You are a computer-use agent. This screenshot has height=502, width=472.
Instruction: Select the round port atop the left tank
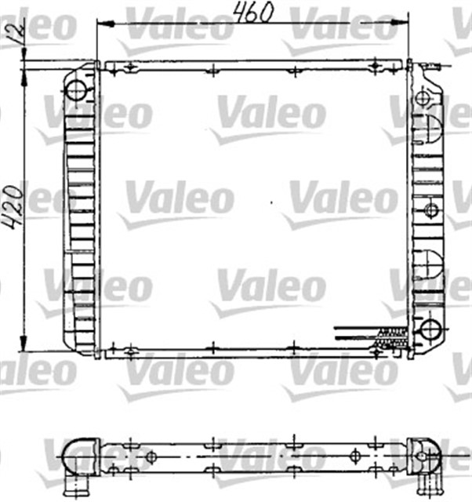click(76, 89)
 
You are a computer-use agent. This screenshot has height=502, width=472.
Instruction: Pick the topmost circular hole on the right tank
click(423, 98)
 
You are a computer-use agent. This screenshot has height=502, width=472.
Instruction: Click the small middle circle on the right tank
click(430, 209)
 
